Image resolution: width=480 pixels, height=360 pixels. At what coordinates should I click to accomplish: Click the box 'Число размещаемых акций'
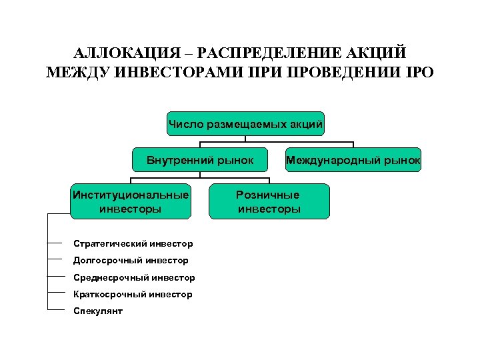coord(245,123)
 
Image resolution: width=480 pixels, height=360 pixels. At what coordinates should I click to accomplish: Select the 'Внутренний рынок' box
coord(201,160)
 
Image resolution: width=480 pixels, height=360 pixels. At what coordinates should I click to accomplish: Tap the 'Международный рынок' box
coord(353,160)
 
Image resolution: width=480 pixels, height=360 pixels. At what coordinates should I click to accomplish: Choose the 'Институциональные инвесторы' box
coord(131,201)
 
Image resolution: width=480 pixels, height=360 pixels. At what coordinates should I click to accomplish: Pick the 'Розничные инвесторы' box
coord(269,201)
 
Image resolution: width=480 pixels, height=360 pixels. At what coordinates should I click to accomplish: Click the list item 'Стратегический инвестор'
coord(133,244)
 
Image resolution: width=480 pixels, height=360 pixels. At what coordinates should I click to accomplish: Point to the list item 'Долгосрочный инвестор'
coord(131,261)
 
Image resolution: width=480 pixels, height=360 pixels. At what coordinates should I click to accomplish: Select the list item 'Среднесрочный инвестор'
coord(134,277)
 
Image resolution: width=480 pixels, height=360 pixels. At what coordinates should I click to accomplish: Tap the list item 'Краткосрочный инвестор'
coord(133,294)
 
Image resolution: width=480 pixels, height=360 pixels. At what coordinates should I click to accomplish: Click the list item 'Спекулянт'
coord(98,311)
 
